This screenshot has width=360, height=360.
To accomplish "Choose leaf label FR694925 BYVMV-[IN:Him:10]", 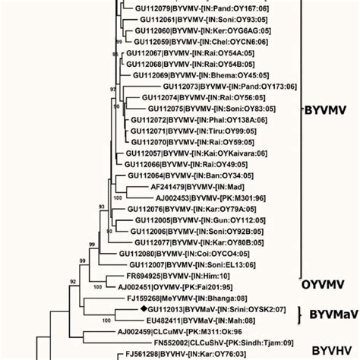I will click(x=177, y=277).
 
